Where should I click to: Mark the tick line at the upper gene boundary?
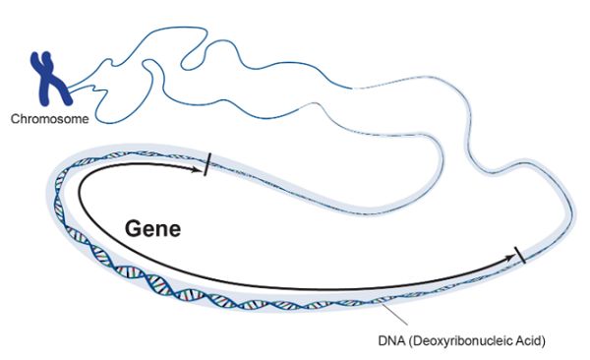pos(207,166)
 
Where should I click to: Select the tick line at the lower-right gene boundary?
pos(521,258)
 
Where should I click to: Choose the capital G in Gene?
pos(133,228)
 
